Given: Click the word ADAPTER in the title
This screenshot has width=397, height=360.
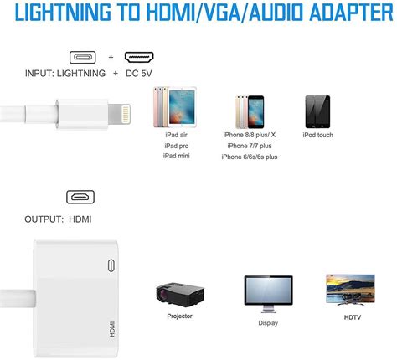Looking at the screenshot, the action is coord(351,13).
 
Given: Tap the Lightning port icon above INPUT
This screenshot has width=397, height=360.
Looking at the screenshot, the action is coord(83,58).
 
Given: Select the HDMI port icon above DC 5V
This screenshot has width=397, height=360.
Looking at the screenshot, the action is coord(139,57).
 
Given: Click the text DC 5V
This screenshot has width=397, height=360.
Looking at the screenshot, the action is coord(139,74).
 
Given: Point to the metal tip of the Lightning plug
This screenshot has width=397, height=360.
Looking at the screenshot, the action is coord(119,114).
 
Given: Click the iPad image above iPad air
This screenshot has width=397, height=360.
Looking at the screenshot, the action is coord(182,107).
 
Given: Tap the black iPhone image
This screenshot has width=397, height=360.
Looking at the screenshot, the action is coord(255,112).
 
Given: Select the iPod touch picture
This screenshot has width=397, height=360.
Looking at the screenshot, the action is coord(317,111).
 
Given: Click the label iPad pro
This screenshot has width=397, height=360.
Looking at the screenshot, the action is coord(177,146).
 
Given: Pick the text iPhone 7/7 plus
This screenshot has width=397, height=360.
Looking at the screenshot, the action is coord(250,146).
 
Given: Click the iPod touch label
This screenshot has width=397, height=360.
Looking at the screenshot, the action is coord(318,135).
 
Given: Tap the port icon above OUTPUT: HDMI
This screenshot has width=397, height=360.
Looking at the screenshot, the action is coord(80,198).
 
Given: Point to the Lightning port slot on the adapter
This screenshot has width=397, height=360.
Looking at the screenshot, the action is coord(111,265).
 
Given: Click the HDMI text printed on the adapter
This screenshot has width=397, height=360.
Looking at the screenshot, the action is coord(112,329).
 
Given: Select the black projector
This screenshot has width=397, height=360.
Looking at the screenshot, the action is coord(180,295).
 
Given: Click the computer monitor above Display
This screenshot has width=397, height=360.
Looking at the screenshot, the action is coord(268,294).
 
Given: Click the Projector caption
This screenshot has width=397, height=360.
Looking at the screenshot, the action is coord(179,316).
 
